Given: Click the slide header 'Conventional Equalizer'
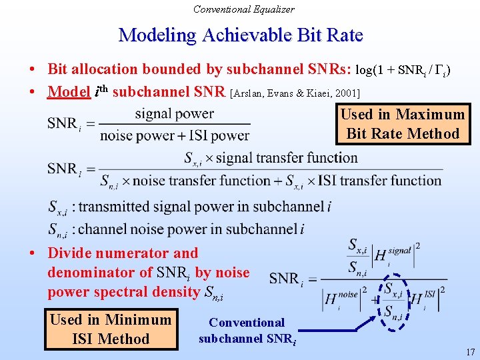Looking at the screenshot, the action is (x=244, y=9).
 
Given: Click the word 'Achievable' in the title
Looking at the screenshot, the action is (x=247, y=35).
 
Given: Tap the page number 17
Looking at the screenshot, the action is (x=471, y=352).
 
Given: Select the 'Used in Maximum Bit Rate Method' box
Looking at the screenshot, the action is (x=403, y=124).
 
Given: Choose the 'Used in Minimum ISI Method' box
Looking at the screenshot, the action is (x=111, y=329).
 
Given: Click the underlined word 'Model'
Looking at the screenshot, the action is (x=69, y=91).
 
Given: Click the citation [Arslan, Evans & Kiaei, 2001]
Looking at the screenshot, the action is (x=295, y=93).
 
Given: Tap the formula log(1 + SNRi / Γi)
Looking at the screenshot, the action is (x=403, y=71).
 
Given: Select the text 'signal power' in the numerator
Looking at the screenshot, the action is (x=175, y=114).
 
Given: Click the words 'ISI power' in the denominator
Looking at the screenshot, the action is (x=219, y=135).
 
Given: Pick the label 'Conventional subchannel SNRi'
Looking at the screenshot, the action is (x=247, y=331).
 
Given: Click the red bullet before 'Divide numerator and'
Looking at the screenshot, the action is (x=32, y=253).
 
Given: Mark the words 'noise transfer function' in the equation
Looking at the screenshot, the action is (x=201, y=181).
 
